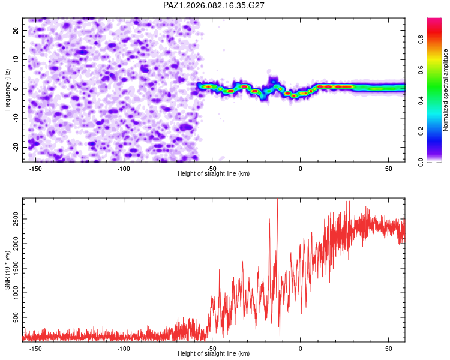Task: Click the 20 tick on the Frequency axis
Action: click(x=17, y=30)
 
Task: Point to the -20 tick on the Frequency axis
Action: click(x=16, y=147)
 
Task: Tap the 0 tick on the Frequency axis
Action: click(x=19, y=89)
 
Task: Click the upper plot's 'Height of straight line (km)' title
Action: click(x=214, y=173)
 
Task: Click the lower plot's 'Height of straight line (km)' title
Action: click(x=214, y=353)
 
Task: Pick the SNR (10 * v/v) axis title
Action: click(x=7, y=269)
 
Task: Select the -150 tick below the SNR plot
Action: click(x=35, y=348)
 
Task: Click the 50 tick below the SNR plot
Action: click(x=388, y=348)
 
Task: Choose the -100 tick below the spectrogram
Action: click(x=124, y=168)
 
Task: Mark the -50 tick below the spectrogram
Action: click(x=212, y=168)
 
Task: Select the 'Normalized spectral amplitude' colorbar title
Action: click(x=446, y=90)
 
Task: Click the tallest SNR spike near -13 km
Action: click(x=277, y=200)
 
